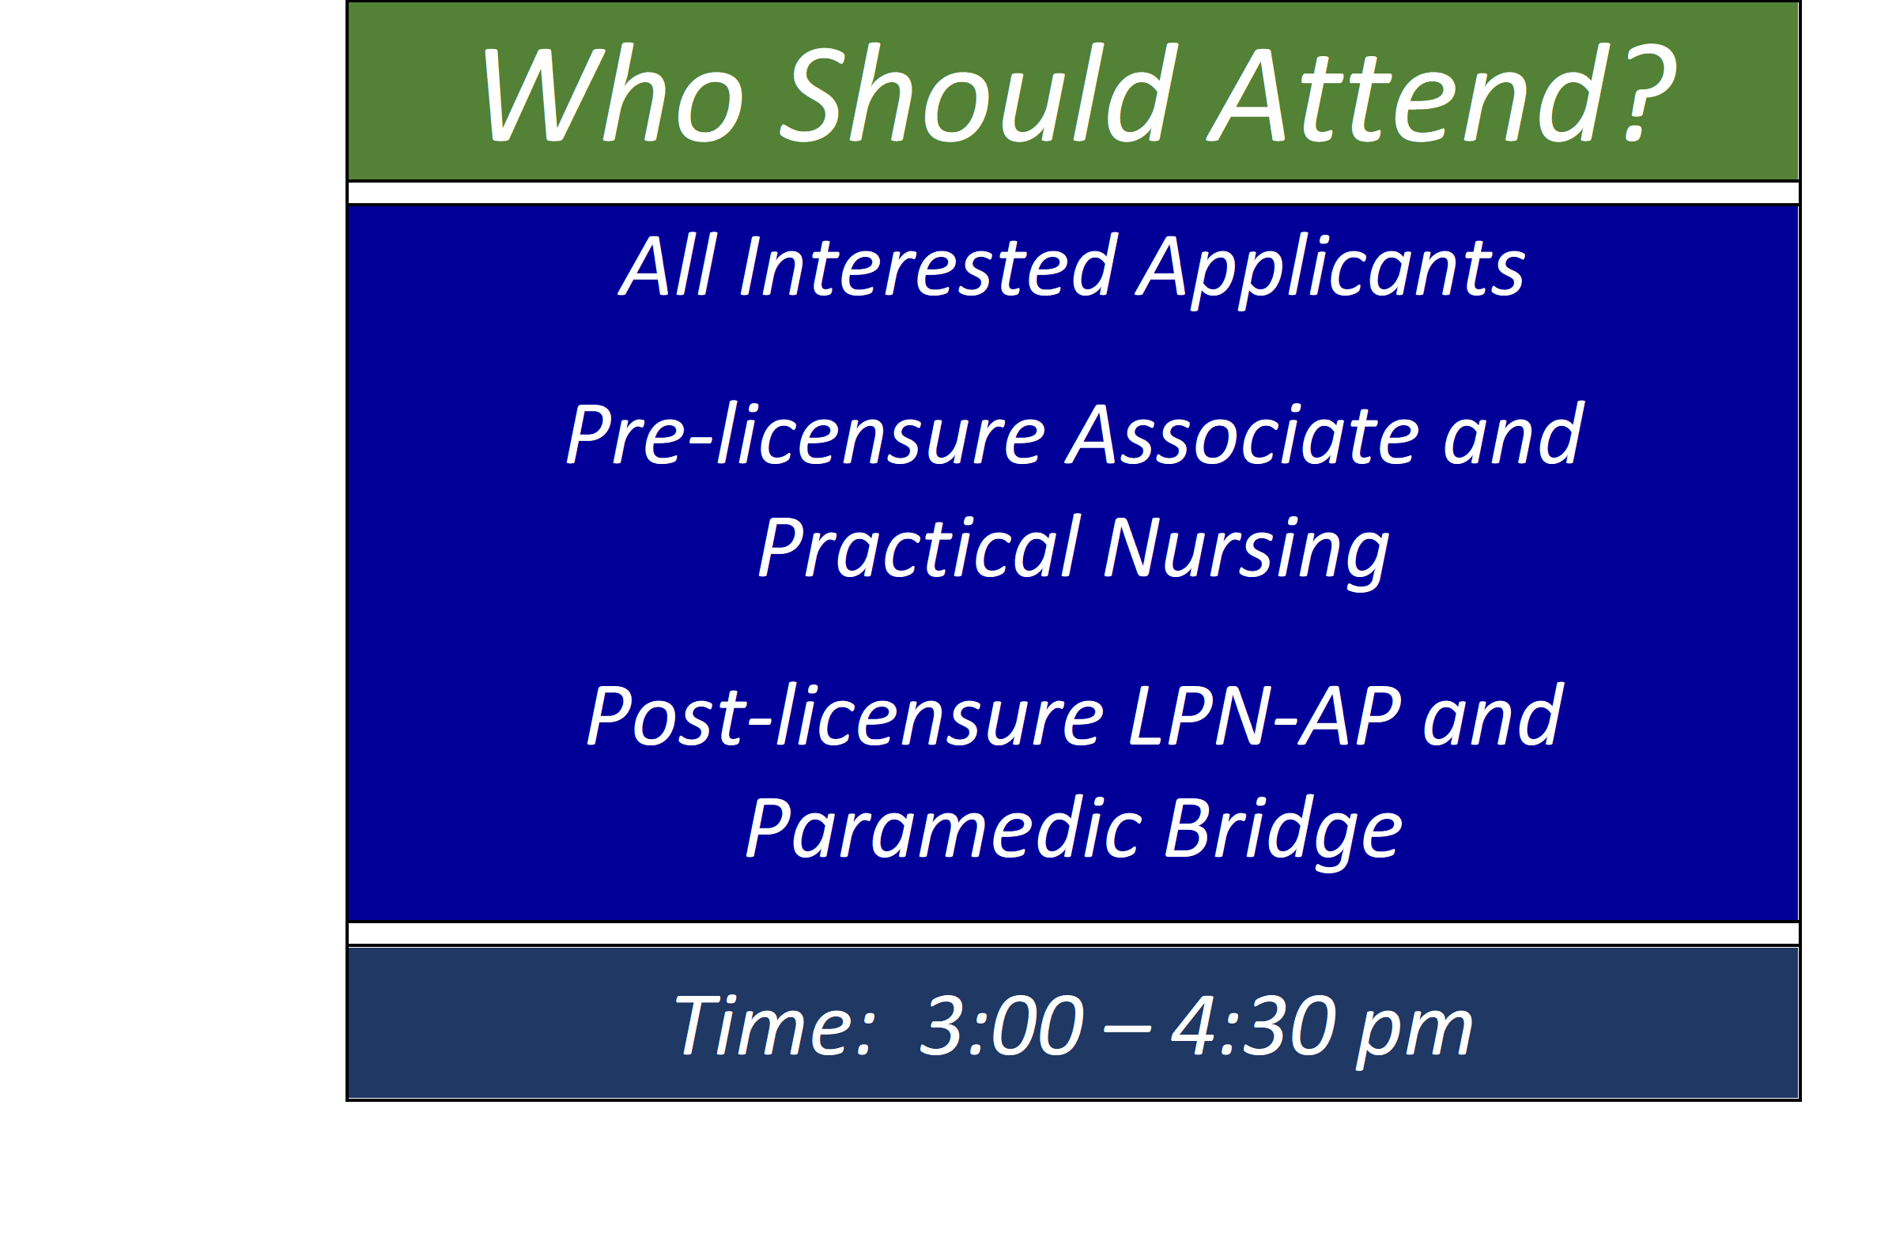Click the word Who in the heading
tap(613, 95)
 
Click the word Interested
tap(927, 266)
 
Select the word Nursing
tap(1247, 552)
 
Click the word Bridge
tap(1282, 835)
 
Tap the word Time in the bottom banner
tap(775, 1025)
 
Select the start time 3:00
tap(1002, 1025)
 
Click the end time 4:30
tap(1254, 1025)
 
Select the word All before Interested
tap(668, 266)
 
